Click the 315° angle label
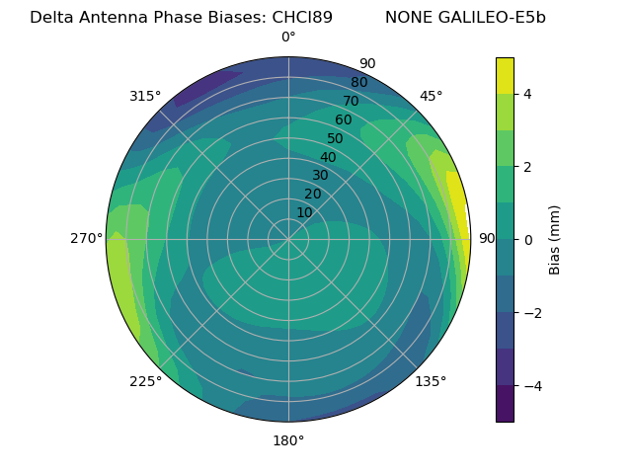145,96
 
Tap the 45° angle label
431,96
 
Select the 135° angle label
431,381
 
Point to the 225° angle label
145,381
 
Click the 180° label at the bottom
288,440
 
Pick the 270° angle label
86,238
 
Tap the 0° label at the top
288,38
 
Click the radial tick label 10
304,212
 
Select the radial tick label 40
328,157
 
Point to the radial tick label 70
351,101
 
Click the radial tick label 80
358,82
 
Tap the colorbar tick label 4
527,94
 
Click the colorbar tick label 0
527,239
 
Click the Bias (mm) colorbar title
555,239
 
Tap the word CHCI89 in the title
302,17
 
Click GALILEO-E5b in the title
493,17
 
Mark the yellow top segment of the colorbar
505,75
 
